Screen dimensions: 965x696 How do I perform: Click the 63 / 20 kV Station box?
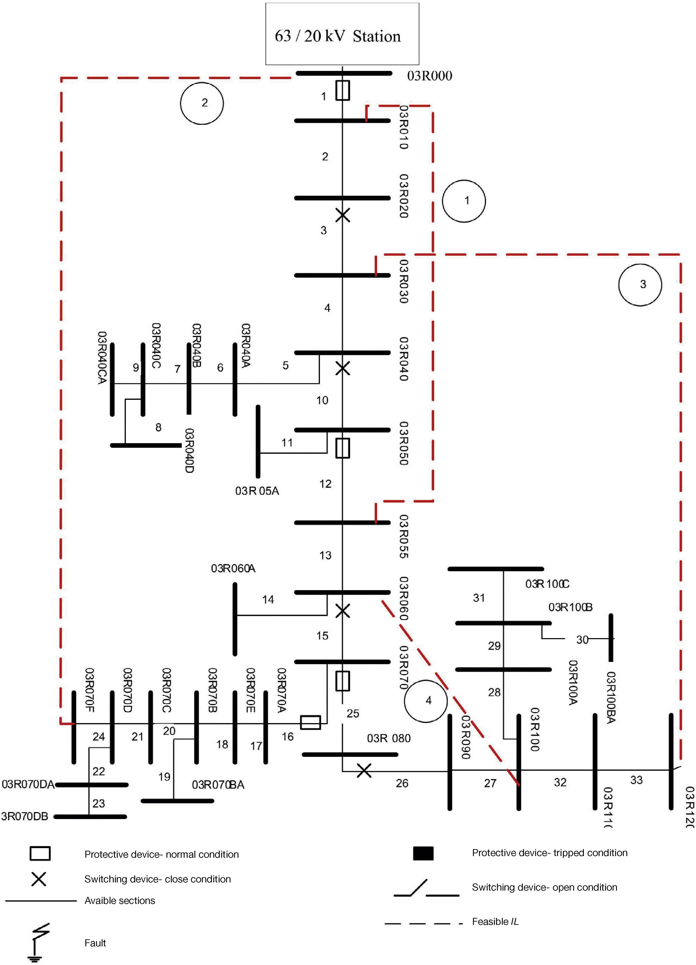click(342, 34)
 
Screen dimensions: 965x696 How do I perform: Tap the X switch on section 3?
click(343, 215)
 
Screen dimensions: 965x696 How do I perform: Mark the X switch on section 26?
click(364, 770)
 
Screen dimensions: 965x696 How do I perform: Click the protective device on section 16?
click(310, 722)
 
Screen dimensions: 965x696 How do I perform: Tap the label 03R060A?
click(233, 568)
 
